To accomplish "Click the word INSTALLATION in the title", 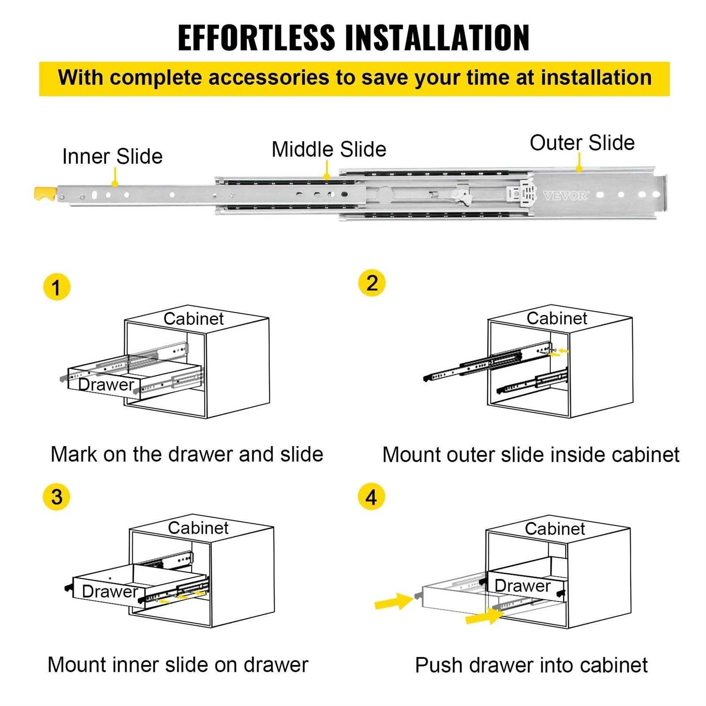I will pos(437,38).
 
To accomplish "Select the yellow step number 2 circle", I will pos(372,283).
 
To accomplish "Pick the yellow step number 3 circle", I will pos(56,497).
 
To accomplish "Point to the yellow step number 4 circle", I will pos(371,497).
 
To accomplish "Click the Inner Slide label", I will pos(112,157).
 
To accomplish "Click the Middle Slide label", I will pos(329,150).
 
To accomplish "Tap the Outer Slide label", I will pos(582,143).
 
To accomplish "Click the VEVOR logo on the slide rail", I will pos(565,195).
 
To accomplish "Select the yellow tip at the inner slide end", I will pos(45,193).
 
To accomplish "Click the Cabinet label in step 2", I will pos(556,319).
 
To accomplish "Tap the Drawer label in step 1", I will pos(106,385).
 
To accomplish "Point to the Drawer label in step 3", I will pos(110,591).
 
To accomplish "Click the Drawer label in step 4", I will pos(522,586).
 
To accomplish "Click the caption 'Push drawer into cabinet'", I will pos(531,666).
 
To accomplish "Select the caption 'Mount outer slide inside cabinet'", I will pos(530,455).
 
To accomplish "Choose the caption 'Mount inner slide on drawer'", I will pos(178,665).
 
